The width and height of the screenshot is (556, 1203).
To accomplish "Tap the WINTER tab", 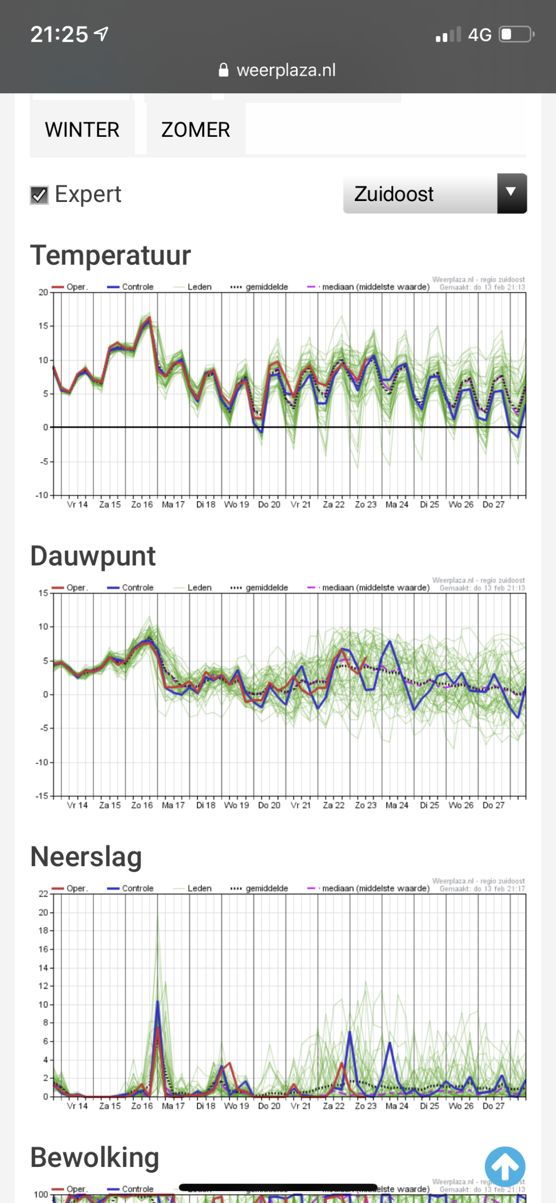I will [x=82, y=130].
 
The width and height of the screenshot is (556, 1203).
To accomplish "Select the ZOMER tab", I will [x=196, y=130].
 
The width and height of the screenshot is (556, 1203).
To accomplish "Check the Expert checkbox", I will [x=39, y=195].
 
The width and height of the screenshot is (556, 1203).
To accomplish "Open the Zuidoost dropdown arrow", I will [x=511, y=193].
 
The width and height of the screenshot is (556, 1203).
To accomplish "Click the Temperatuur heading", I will [x=110, y=255].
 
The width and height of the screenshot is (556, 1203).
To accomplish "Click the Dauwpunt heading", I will [x=93, y=556].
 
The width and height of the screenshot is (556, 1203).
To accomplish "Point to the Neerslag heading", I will [x=86, y=857].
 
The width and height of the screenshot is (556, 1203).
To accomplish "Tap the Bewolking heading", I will [x=94, y=1157].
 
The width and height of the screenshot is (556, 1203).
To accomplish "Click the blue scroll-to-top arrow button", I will [x=505, y=1166].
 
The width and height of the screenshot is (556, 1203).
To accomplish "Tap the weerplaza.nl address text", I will [x=286, y=70].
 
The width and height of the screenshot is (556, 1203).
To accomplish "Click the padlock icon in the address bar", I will [x=224, y=70].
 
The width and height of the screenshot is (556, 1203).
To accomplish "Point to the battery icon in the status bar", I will [x=516, y=35].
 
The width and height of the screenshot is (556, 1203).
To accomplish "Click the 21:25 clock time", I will [x=59, y=35].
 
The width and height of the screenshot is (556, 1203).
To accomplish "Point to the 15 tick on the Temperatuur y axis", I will [x=43, y=326].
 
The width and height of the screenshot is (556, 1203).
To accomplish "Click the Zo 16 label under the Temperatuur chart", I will [x=142, y=505].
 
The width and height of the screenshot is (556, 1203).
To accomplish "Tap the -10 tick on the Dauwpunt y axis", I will [x=41, y=762].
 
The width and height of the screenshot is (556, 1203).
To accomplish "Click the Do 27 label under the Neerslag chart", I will [x=493, y=1106].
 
